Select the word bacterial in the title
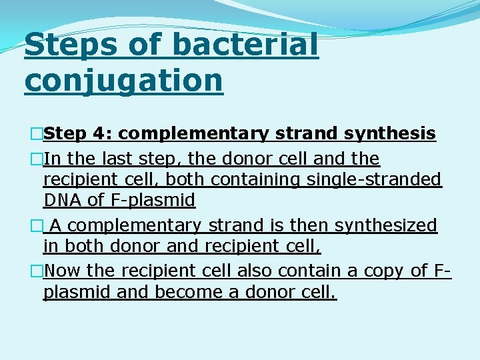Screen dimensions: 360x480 tap(245, 46)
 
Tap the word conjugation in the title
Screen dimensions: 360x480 tap(123, 80)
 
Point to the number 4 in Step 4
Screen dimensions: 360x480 tap(102, 134)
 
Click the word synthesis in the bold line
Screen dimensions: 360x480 tap(390, 134)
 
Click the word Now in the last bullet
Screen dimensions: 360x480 tap(63, 271)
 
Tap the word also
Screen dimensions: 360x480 tap(251, 271)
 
